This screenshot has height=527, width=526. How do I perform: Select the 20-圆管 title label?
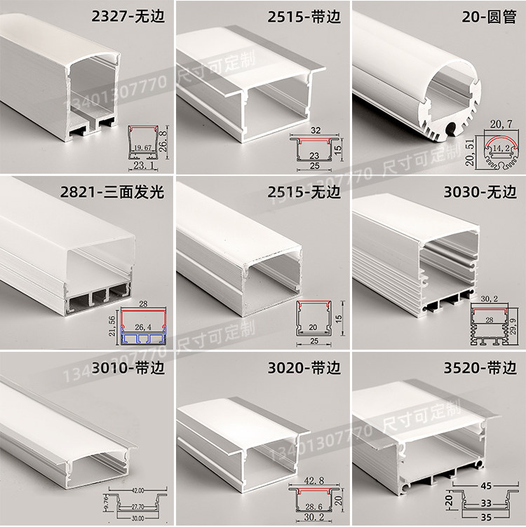pyautogui.click(x=482, y=16)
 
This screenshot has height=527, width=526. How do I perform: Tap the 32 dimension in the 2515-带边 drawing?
pyautogui.click(x=316, y=130)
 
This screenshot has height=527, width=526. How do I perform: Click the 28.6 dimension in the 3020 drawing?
pyautogui.click(x=315, y=506)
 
